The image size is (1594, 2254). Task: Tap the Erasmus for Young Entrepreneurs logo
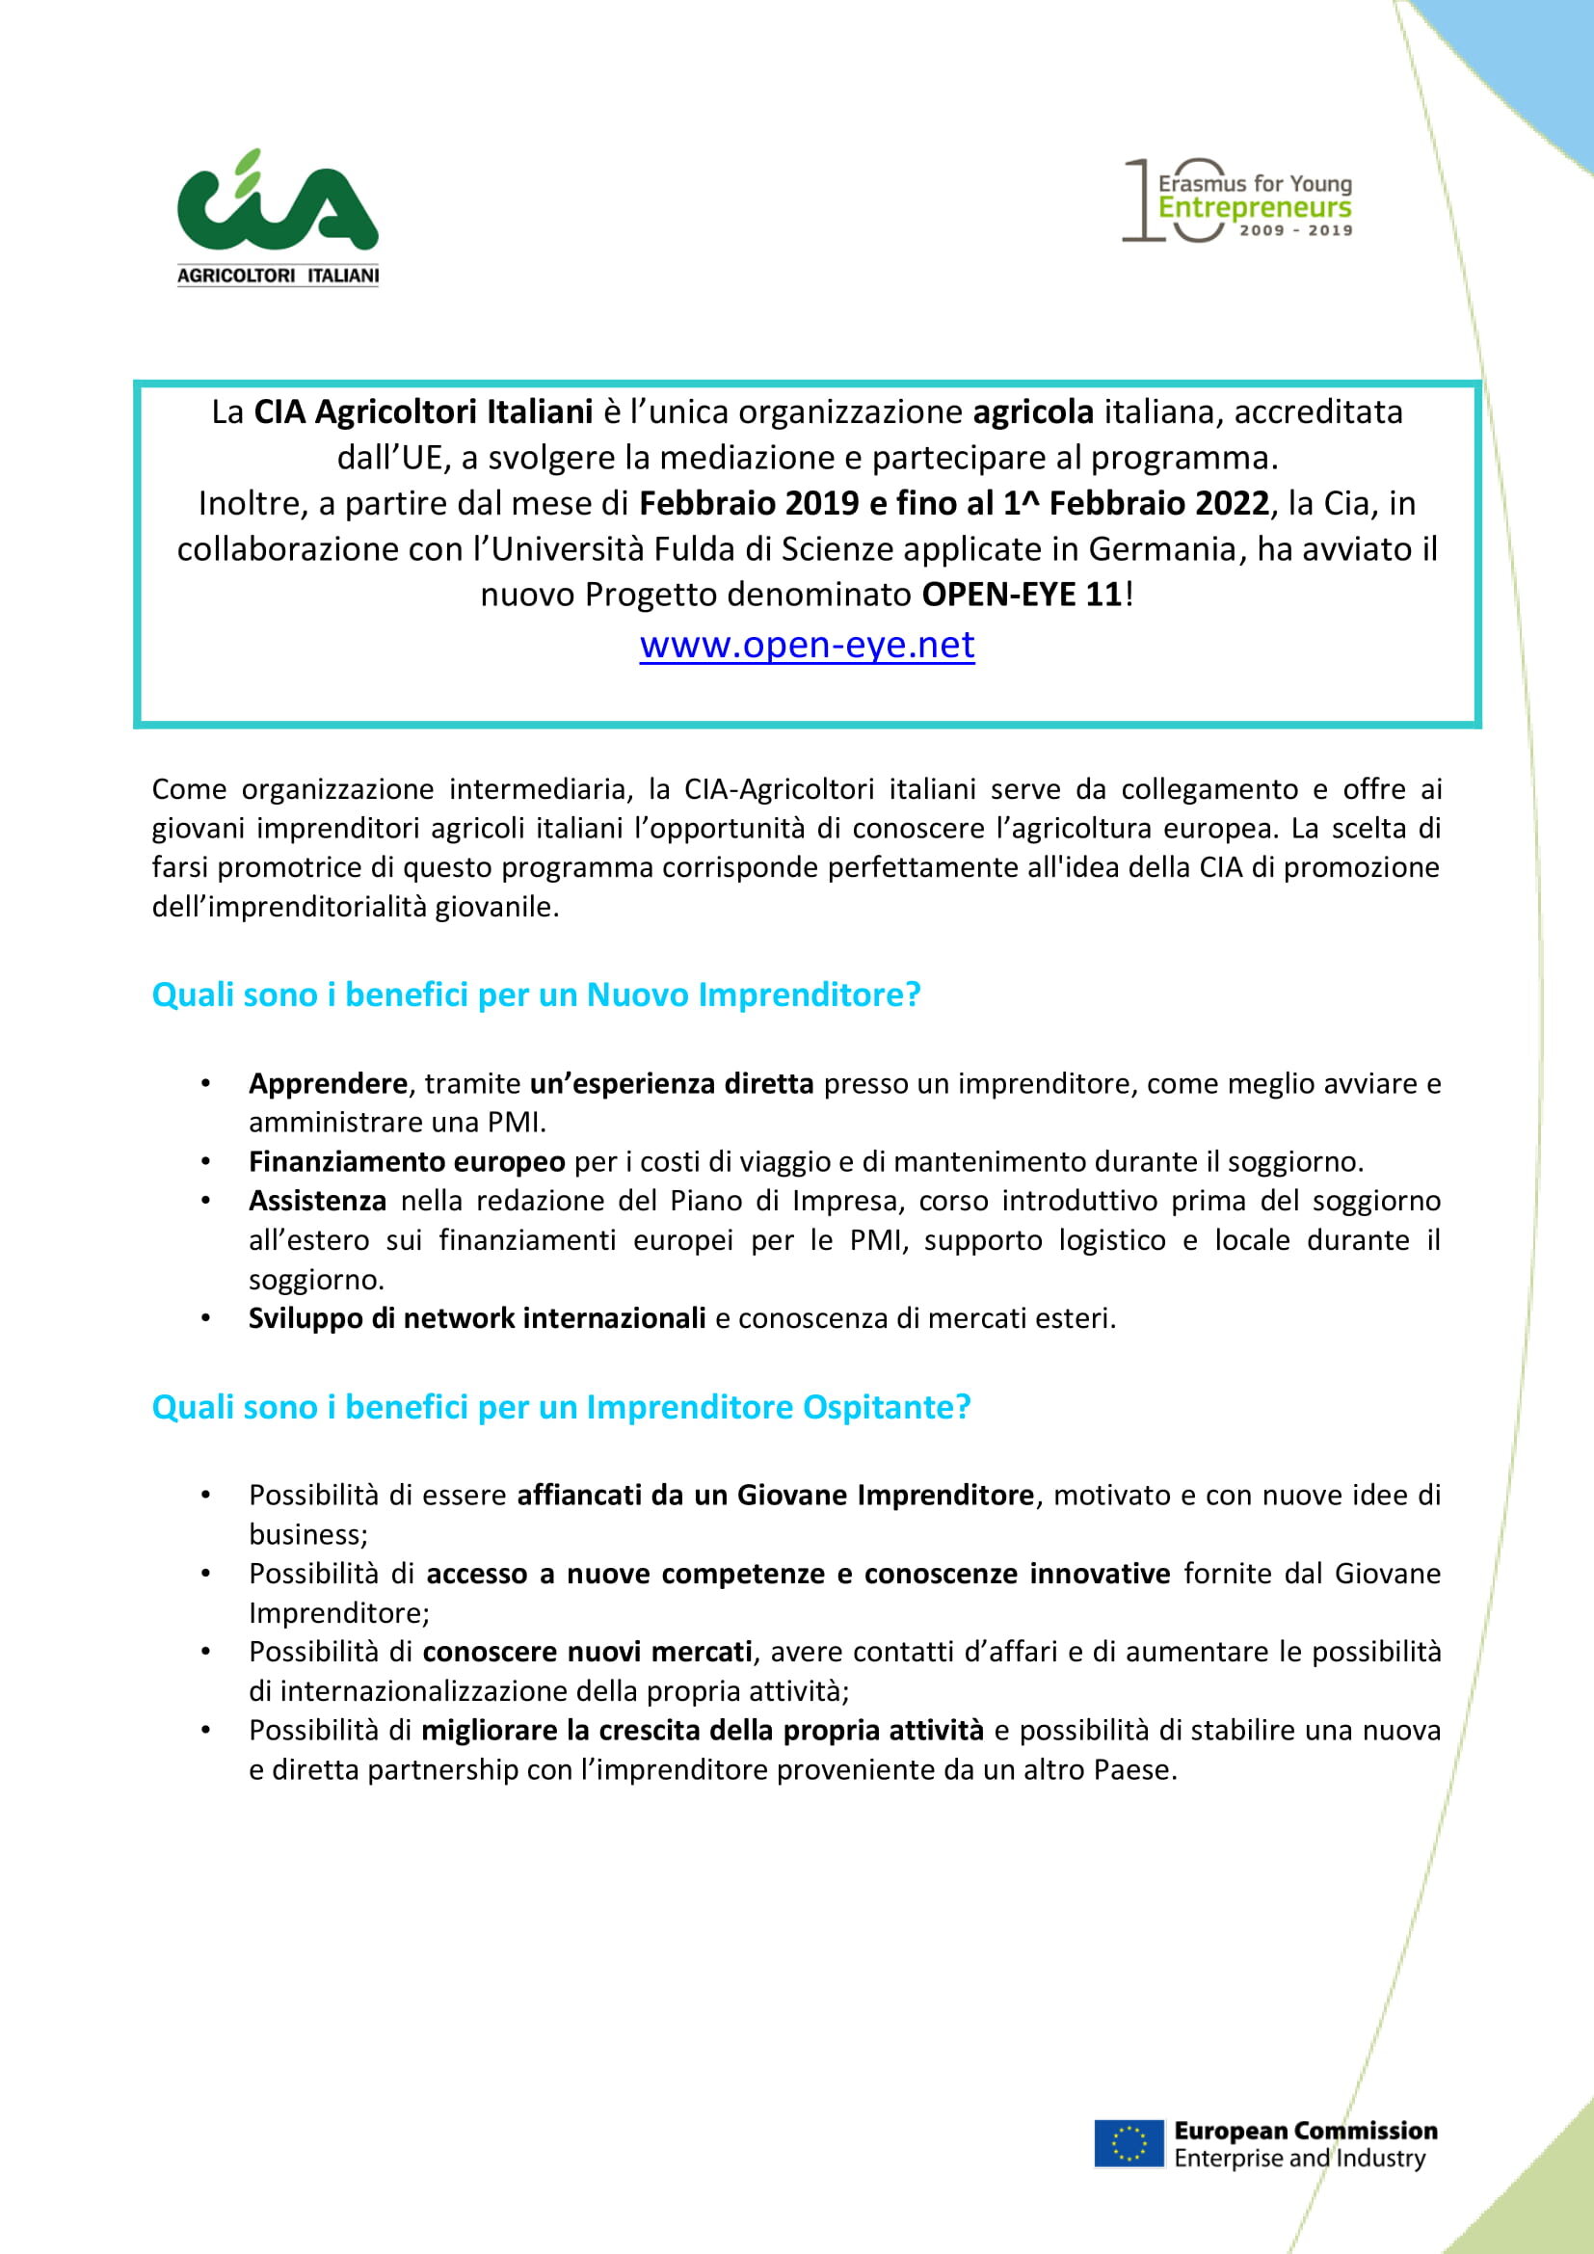click(1238, 200)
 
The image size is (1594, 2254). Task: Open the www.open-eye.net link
click(807, 645)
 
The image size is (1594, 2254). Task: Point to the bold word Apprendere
click(328, 1083)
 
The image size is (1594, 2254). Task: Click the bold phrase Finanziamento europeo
click(407, 1161)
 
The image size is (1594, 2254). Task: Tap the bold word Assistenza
click(317, 1201)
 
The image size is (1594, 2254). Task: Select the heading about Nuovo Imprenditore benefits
click(536, 994)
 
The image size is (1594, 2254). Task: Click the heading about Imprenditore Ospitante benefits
click(561, 1407)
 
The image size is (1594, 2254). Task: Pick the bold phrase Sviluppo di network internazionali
click(477, 1318)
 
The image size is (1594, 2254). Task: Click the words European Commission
click(1306, 2132)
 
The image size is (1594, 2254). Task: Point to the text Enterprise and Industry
click(1299, 2158)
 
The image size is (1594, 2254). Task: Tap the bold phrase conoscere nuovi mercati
click(587, 1653)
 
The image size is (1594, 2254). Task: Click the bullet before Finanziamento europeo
click(206, 1162)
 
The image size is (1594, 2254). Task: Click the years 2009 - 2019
click(1295, 230)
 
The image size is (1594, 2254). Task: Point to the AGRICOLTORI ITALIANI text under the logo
click(278, 276)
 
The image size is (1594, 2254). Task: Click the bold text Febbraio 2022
click(1158, 504)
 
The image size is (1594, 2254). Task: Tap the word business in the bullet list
click(307, 1534)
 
